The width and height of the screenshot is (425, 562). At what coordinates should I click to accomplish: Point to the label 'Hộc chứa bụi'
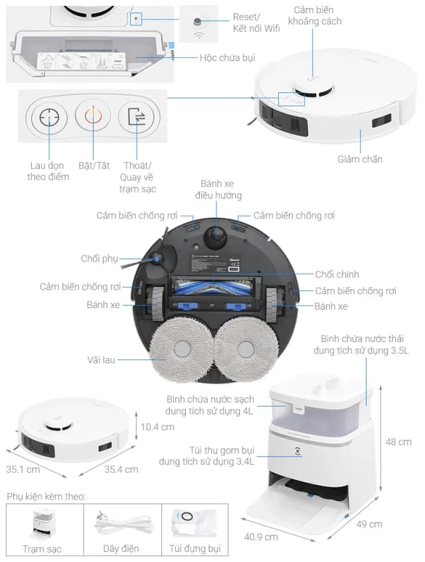227,58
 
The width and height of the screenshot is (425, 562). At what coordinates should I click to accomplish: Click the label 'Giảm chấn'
360,159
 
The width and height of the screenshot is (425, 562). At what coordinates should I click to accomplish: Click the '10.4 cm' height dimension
157,426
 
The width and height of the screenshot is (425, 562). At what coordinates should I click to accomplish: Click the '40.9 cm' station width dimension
260,537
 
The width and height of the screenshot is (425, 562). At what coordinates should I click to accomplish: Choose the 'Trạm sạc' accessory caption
42,549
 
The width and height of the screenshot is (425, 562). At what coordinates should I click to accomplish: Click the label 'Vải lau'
101,359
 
